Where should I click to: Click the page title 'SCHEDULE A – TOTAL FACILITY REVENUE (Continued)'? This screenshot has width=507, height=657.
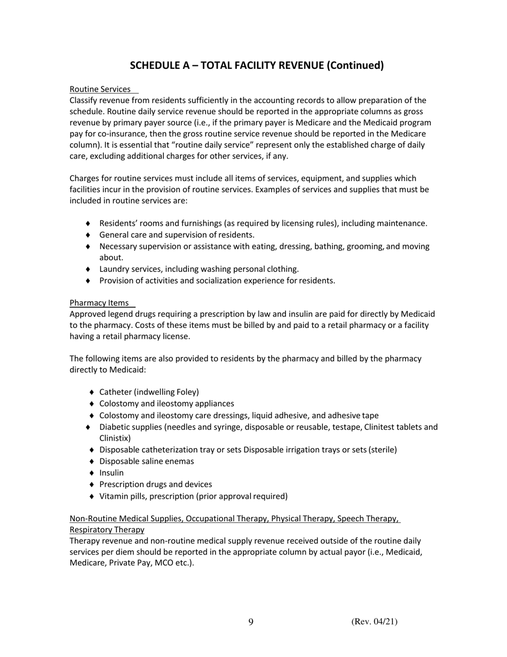coord(257,66)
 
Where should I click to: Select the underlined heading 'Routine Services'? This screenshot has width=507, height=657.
coord(100,89)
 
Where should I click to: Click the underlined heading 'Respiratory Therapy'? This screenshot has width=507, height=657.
coord(107,529)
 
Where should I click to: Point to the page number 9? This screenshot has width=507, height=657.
coord(251,622)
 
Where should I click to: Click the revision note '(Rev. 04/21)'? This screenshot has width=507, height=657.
coord(374,621)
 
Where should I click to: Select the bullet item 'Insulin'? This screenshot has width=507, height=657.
coord(112,473)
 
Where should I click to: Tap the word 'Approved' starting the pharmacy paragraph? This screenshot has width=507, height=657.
coord(87,314)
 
